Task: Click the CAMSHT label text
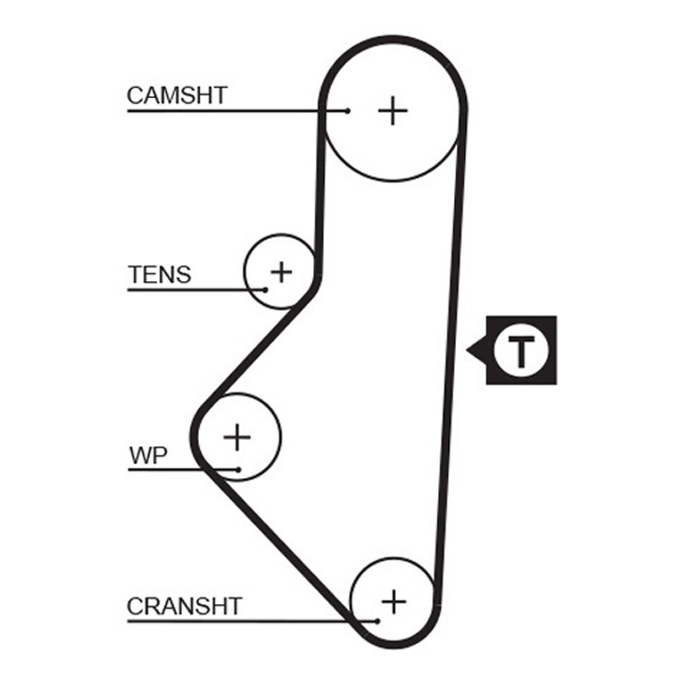(x=176, y=95)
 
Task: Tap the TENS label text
(x=160, y=275)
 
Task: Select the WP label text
(x=148, y=456)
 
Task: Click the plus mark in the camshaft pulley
(x=392, y=111)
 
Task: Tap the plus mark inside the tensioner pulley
(x=281, y=272)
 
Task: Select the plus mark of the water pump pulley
(x=237, y=437)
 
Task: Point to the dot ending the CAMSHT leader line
(x=348, y=111)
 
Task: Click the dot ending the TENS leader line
(x=265, y=290)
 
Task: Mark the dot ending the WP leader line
(x=238, y=470)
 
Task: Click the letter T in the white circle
(x=522, y=350)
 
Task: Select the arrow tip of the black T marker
(x=466, y=350)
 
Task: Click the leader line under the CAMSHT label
(x=237, y=111)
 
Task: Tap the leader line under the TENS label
(x=196, y=290)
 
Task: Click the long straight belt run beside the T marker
(x=450, y=356)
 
